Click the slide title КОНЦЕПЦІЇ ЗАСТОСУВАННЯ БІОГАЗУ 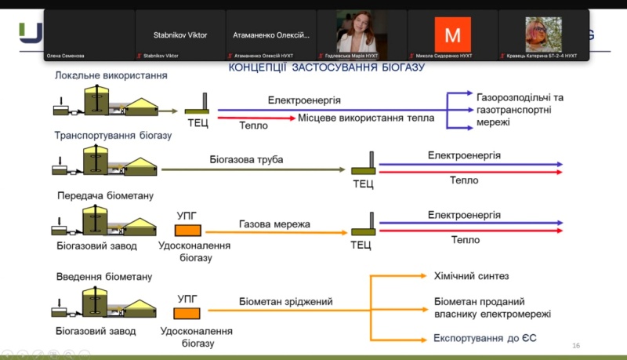(326, 68)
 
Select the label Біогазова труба (246, 160)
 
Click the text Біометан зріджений (286, 301)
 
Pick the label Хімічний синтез (471, 276)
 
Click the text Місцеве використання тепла (366, 118)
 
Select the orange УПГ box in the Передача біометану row (187, 230)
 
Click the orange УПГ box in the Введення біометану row (187, 314)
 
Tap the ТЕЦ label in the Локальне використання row (198, 123)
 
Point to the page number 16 (576, 346)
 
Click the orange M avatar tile (452, 34)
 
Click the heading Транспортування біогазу (113, 135)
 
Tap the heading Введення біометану (104, 277)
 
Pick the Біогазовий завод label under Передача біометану (96, 246)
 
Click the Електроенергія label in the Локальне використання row (304, 100)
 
